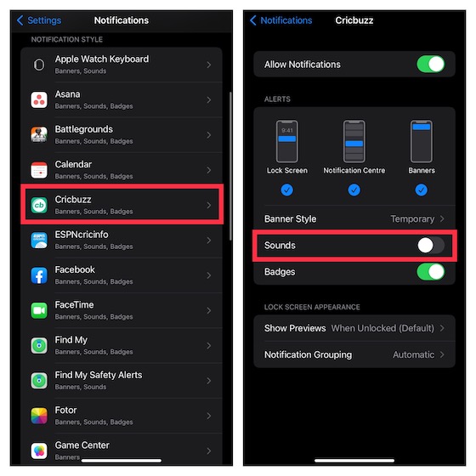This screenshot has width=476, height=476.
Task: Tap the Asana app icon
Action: point(39,100)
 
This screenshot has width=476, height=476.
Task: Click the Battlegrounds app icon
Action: point(39,135)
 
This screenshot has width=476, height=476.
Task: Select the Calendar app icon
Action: point(39,170)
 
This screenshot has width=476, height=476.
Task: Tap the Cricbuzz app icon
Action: point(39,205)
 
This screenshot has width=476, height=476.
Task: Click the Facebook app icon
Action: point(39,275)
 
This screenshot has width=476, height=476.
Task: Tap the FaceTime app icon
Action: point(39,310)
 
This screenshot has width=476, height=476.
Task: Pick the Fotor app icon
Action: point(39,416)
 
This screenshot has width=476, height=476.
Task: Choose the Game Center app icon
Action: point(39,450)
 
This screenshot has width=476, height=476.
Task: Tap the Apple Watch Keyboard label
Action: point(101,59)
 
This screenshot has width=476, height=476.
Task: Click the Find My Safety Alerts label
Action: point(98,375)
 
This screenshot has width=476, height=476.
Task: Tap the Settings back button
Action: point(38,20)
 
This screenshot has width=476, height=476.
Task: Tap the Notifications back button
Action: point(281,20)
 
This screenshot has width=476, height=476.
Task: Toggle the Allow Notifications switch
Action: point(430,65)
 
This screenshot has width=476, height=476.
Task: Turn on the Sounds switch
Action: point(430,245)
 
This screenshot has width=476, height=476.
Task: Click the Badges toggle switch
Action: point(430,272)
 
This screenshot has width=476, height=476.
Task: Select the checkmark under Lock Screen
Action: point(286,190)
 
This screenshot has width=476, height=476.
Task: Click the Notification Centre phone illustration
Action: point(354,140)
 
